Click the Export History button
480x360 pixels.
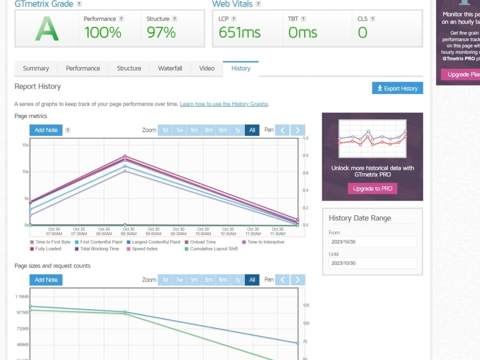(x=397, y=88)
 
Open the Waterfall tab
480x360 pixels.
(x=170, y=68)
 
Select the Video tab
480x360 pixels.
(x=207, y=68)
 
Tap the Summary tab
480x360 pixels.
(x=36, y=68)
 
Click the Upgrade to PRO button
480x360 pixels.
(x=372, y=189)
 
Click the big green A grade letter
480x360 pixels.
(x=47, y=30)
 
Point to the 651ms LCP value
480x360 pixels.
(x=240, y=33)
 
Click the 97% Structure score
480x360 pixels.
(x=161, y=33)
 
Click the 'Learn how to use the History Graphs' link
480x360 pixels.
(x=224, y=104)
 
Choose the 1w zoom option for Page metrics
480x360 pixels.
(x=180, y=130)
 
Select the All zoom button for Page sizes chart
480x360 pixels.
(x=252, y=280)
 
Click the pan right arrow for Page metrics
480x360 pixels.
(x=298, y=130)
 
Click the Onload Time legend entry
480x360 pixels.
(x=203, y=242)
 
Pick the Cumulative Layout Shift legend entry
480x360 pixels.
(x=214, y=249)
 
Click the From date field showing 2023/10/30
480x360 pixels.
(x=372, y=242)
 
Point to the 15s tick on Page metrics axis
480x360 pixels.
(x=25, y=145)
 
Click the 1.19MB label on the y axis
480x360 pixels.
(x=22, y=297)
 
